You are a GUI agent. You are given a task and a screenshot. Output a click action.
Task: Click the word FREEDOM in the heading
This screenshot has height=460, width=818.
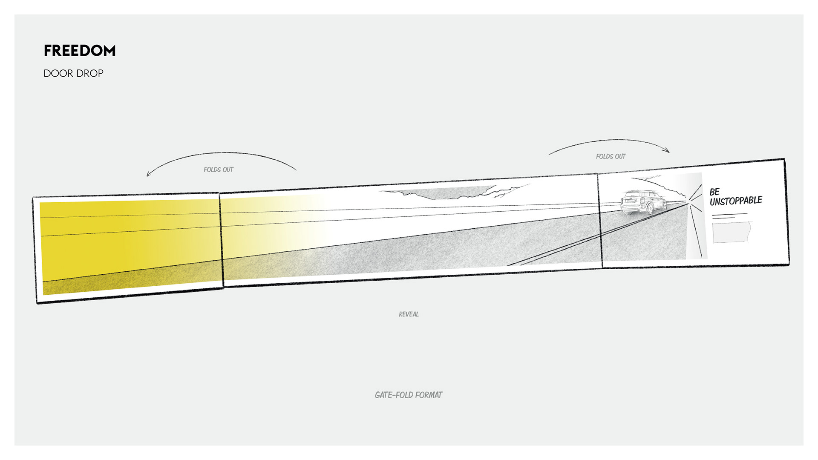pos(80,51)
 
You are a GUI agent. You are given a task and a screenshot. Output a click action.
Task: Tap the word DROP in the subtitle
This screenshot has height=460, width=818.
pos(89,73)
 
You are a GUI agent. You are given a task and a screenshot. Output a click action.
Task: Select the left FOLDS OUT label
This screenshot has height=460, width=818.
pos(219,170)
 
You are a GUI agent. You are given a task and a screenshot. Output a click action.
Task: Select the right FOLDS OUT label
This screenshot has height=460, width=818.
pos(611,156)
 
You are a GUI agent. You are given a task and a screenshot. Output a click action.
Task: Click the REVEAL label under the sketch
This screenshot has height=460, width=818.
pos(409,314)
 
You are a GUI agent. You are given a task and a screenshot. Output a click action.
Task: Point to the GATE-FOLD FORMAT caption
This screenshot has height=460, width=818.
pos(409,395)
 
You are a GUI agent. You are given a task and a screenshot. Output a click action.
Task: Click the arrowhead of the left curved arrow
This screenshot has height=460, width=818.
pos(148,174)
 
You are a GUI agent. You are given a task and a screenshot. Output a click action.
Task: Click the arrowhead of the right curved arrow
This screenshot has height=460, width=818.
pos(667,150)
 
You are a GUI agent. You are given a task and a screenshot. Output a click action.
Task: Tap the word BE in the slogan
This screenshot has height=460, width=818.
pos(714,192)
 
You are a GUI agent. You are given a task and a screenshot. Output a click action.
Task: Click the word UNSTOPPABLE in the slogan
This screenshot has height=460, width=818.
pos(736,201)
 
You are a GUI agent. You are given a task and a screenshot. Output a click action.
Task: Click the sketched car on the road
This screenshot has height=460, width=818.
pos(642,202)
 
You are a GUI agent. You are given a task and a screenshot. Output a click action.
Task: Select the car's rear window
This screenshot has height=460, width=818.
pos(631,197)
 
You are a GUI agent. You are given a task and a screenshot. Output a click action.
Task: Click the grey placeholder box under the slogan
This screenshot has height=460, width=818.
pos(731,233)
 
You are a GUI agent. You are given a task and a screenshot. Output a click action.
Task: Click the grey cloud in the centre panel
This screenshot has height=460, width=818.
pos(447,193)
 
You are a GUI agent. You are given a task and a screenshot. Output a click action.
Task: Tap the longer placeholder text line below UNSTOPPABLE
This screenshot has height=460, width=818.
pos(730,214)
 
